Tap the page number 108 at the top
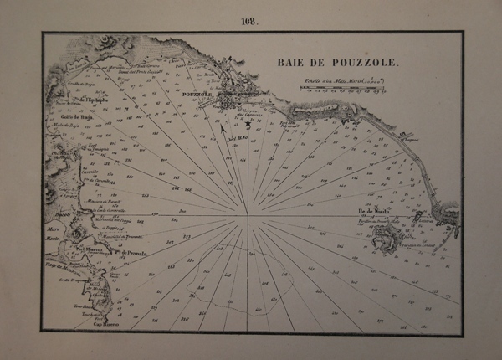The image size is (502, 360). click(x=251, y=18)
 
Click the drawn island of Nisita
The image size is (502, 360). click(x=388, y=238)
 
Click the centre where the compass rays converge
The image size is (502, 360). click(x=248, y=217)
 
